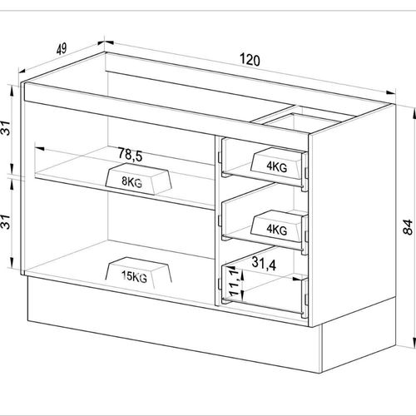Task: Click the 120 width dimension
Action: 250,60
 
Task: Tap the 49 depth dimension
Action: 62,49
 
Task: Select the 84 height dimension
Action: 408,227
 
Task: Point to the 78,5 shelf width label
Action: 130,155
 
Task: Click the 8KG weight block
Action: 138,179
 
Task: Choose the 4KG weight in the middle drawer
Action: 276,226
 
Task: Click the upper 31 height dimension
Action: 6,128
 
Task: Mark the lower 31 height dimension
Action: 6,222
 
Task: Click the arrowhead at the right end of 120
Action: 390,92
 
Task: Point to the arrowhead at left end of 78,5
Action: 40,148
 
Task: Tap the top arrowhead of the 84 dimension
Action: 414,114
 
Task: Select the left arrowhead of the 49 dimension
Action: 22,70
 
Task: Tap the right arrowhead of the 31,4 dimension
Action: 298,279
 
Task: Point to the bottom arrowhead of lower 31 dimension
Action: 12,263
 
